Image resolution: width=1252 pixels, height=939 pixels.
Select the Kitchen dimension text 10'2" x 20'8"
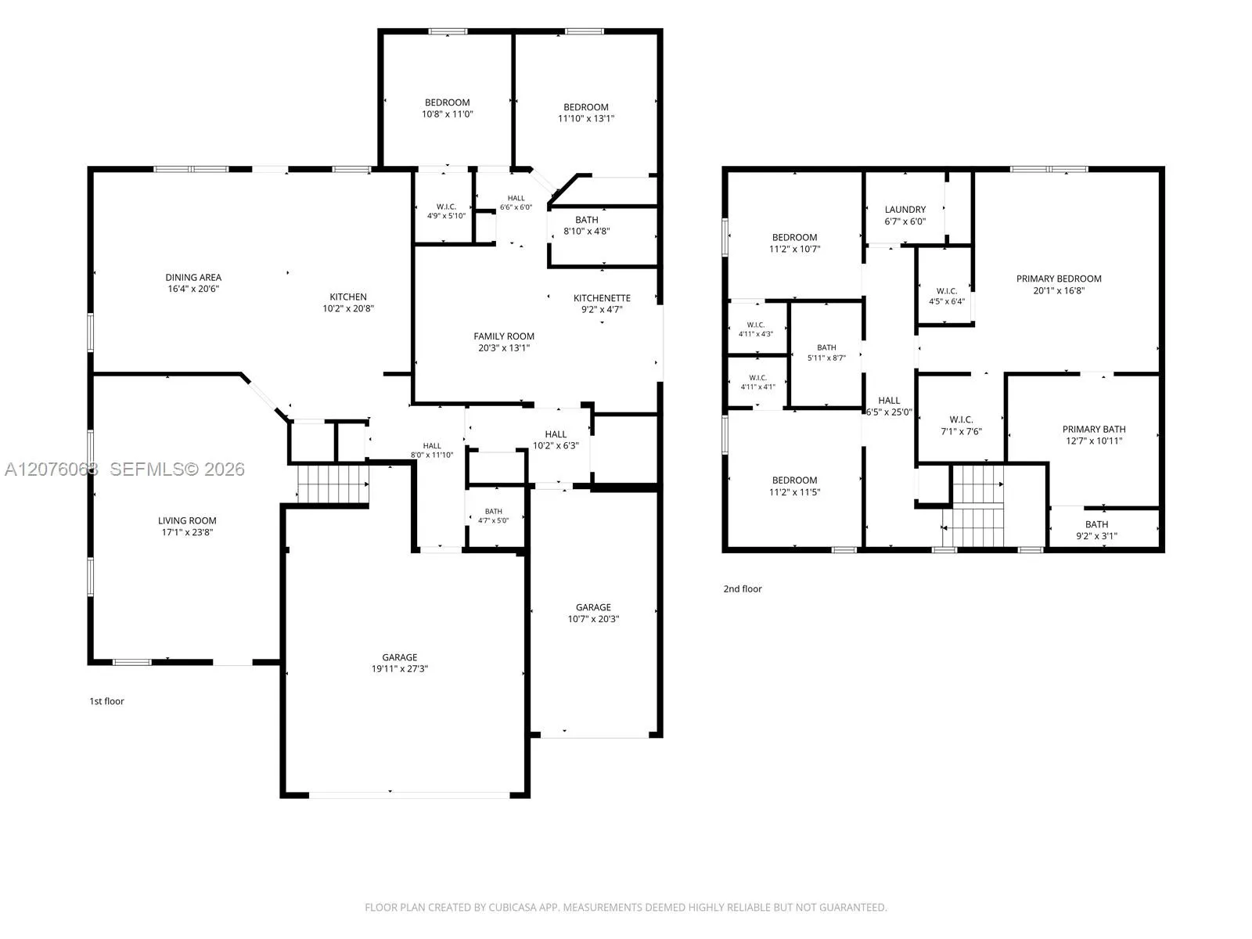(348, 308)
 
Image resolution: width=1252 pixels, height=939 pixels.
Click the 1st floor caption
(106, 701)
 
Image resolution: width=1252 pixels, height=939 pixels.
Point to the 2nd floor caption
(743, 589)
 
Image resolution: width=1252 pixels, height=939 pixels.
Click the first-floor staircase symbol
(333, 484)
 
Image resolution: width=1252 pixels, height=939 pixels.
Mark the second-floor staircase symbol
(977, 506)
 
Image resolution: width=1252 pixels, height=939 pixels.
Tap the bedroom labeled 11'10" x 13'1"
(586, 113)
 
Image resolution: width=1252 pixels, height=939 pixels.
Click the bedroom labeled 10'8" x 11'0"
(447, 108)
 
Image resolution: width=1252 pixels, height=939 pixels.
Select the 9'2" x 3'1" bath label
(1096, 530)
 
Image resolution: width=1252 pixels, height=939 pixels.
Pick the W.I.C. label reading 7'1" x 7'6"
(961, 426)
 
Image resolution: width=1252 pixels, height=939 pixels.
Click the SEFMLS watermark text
(177, 469)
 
